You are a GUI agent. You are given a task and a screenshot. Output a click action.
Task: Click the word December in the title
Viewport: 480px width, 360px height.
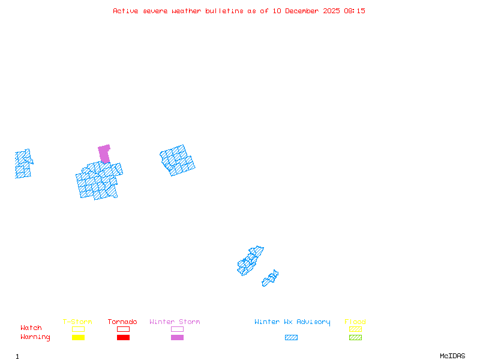304,11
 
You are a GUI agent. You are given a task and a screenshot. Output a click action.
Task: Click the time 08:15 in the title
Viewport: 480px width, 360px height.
355,11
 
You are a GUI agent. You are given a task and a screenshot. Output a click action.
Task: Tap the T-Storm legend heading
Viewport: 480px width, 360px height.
77,322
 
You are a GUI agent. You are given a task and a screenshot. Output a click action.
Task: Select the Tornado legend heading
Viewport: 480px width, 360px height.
122,322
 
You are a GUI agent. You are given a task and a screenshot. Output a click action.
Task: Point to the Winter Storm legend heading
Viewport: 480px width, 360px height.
175,322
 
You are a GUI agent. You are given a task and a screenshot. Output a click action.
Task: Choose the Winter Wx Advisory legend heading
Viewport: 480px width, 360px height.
292,322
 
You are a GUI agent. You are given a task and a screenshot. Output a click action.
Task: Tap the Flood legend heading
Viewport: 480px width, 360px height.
355,322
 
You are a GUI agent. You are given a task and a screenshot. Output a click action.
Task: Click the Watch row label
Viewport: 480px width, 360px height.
31,328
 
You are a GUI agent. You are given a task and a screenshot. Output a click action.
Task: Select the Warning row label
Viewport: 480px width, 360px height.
35,337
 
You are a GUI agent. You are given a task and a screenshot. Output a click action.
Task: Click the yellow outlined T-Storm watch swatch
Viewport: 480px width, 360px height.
78,329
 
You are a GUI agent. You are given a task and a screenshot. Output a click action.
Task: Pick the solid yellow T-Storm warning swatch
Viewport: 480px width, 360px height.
78,337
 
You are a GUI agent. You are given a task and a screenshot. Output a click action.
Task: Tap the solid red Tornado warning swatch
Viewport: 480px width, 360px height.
123,337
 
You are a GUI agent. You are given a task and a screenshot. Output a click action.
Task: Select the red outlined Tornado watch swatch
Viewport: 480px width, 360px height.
123,329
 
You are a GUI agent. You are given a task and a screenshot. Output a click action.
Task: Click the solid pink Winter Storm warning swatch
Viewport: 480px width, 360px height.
177,337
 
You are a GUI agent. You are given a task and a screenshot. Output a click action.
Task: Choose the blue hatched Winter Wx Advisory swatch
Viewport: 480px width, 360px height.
291,337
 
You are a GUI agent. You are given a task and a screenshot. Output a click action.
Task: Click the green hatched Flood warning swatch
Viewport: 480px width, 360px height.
355,337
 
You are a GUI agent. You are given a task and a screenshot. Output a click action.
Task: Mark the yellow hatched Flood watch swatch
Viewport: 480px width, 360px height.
355,329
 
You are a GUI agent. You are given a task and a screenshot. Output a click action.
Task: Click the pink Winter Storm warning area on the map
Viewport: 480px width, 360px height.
104,153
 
